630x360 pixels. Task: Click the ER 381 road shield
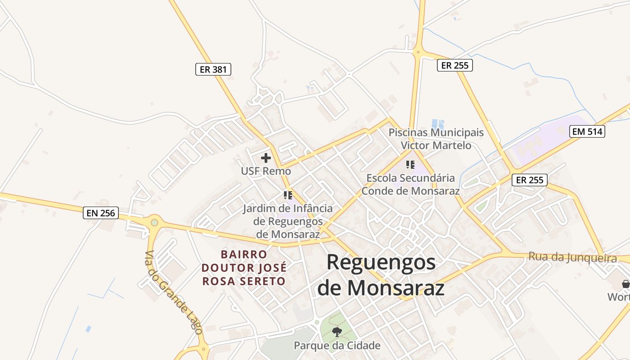tap(213, 69)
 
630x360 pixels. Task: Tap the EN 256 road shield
tap(101, 213)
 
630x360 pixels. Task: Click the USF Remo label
tap(266, 171)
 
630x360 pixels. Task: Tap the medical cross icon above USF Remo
tap(266, 158)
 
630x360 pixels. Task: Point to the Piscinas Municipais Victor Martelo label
tap(436, 139)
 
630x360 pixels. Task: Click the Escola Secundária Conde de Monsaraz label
tap(410, 184)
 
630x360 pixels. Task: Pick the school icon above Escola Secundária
tap(410, 164)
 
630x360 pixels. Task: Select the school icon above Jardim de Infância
tap(288, 195)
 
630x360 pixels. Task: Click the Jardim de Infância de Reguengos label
tap(288, 221)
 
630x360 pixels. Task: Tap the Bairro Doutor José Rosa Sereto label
tap(244, 268)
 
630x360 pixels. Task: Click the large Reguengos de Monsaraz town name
tap(381, 274)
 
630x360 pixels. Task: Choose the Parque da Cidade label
tap(337, 346)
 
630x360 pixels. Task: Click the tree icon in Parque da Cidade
tap(337, 332)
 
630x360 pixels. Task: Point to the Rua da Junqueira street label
tap(572, 257)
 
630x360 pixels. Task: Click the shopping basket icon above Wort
tap(625, 284)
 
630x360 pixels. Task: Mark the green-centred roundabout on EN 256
tap(155, 222)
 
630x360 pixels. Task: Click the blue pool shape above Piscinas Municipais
tap(437, 123)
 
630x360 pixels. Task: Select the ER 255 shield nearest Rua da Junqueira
tap(529, 180)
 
